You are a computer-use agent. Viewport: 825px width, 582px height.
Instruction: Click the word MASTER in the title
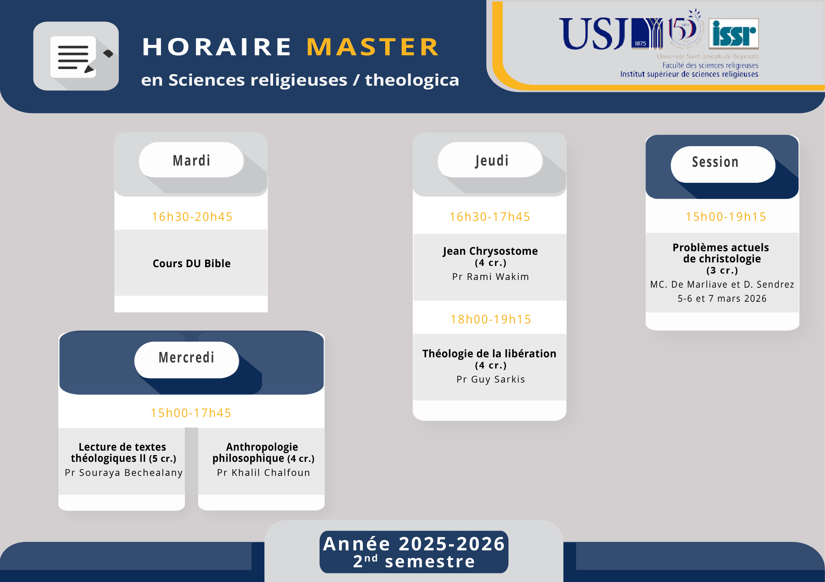373,47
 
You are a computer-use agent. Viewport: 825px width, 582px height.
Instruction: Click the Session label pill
722,164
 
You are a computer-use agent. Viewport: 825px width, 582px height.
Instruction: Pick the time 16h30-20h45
192,217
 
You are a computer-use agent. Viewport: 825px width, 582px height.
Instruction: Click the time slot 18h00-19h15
491,319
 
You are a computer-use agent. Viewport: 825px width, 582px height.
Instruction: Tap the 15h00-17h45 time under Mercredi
191,413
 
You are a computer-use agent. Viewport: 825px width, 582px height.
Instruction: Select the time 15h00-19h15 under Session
726,217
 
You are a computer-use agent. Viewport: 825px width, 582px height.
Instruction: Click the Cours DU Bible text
192,263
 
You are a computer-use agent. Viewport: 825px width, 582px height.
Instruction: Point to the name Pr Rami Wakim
491,277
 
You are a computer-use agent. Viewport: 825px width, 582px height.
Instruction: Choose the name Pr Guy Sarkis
491,379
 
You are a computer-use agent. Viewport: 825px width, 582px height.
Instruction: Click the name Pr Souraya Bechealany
124,472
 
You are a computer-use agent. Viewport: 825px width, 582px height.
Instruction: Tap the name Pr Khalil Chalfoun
264,472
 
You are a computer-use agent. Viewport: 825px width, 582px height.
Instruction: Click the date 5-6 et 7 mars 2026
722,299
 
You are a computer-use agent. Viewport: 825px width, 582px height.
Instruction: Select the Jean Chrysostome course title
490,251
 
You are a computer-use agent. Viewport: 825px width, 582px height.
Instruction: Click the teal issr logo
733,34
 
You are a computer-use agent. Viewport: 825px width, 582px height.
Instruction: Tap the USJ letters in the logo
593,34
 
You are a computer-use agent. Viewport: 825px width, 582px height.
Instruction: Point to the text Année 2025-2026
414,544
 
